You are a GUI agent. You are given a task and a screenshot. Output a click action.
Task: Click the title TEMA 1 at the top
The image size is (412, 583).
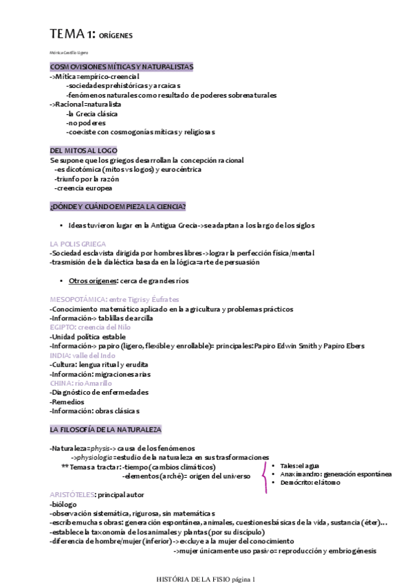[72, 34]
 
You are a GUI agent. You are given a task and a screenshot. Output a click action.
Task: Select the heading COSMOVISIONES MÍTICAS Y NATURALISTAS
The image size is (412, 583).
[121, 67]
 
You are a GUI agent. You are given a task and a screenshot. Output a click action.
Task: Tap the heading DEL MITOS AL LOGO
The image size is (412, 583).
[84, 150]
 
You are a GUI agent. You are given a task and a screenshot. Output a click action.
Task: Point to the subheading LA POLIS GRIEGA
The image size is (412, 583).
[78, 243]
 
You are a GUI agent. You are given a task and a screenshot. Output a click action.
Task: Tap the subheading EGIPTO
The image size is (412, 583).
[63, 327]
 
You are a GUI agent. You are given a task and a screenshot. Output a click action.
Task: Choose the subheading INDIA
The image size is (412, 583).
[61, 355]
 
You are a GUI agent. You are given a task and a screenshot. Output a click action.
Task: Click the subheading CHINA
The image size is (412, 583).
[62, 383]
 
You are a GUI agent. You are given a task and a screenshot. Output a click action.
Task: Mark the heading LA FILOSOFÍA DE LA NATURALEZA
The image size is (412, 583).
[105, 429]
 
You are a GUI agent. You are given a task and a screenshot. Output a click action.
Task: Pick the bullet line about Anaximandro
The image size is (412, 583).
[335, 474]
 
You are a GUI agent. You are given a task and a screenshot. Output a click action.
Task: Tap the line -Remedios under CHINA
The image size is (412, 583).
[68, 401]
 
